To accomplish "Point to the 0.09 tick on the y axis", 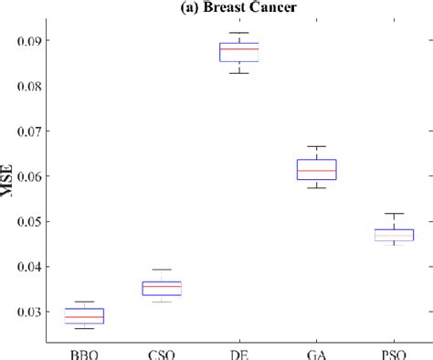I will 48,41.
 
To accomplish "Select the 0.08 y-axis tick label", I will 48,86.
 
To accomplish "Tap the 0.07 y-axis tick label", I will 48,132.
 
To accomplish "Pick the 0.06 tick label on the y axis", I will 48,176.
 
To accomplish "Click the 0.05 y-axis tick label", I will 48,222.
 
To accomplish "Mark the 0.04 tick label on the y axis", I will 48,267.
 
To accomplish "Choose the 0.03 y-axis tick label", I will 48,312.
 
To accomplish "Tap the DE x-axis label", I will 239,353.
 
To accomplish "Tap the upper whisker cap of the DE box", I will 239,33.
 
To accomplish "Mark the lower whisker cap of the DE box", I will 239,73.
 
